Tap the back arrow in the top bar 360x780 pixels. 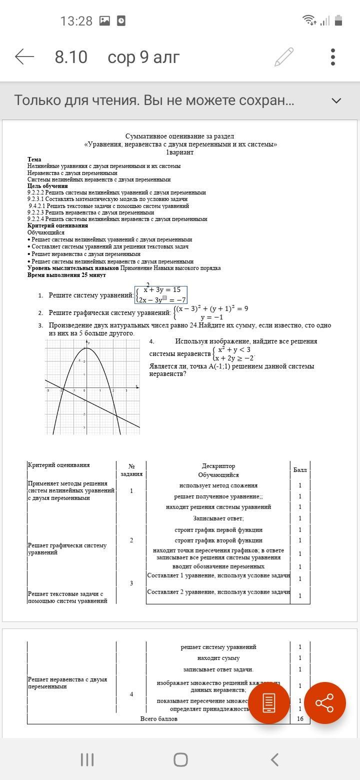pyautogui.click(x=24, y=57)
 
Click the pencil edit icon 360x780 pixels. pyautogui.click(x=283, y=57)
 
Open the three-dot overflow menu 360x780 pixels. pyautogui.click(x=333, y=57)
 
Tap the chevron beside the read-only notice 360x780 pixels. pyautogui.click(x=336, y=100)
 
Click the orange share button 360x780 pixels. pyautogui.click(x=324, y=703)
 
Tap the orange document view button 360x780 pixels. pyautogui.click(x=269, y=703)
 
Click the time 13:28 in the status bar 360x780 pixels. pyautogui.click(x=76, y=21)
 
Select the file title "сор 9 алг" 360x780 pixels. pyautogui.click(x=143, y=57)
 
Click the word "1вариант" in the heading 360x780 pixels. pyautogui.click(x=179, y=152)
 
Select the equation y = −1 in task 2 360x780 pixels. pyautogui.click(x=211, y=317)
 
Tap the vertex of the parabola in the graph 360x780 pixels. pyautogui.click(x=86, y=347)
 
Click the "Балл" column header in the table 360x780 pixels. pyautogui.click(x=300, y=470)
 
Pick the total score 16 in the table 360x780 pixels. pyautogui.click(x=300, y=719)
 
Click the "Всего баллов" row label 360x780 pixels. pyautogui.click(x=158, y=719)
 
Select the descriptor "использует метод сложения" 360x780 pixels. pyautogui.click(x=218, y=485)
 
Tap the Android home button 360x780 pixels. pyautogui.click(x=180, y=760)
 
